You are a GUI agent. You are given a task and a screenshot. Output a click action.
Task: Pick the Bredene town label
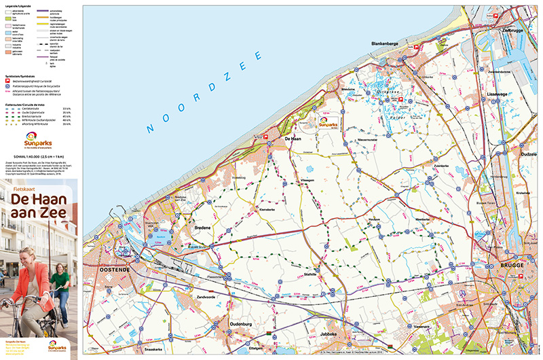coord(203,228)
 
